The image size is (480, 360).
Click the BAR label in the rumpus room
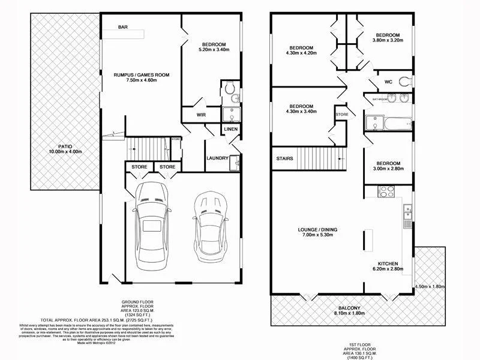click(x=123, y=27)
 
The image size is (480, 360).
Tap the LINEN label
click(x=231, y=130)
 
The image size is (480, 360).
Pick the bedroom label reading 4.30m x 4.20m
click(x=301, y=51)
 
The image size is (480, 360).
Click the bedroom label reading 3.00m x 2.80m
click(x=388, y=166)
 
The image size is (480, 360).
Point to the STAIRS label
click(x=285, y=160)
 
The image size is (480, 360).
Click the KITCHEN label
click(x=389, y=266)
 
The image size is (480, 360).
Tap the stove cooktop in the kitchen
click(x=385, y=193)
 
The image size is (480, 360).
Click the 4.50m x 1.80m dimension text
click(x=430, y=287)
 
